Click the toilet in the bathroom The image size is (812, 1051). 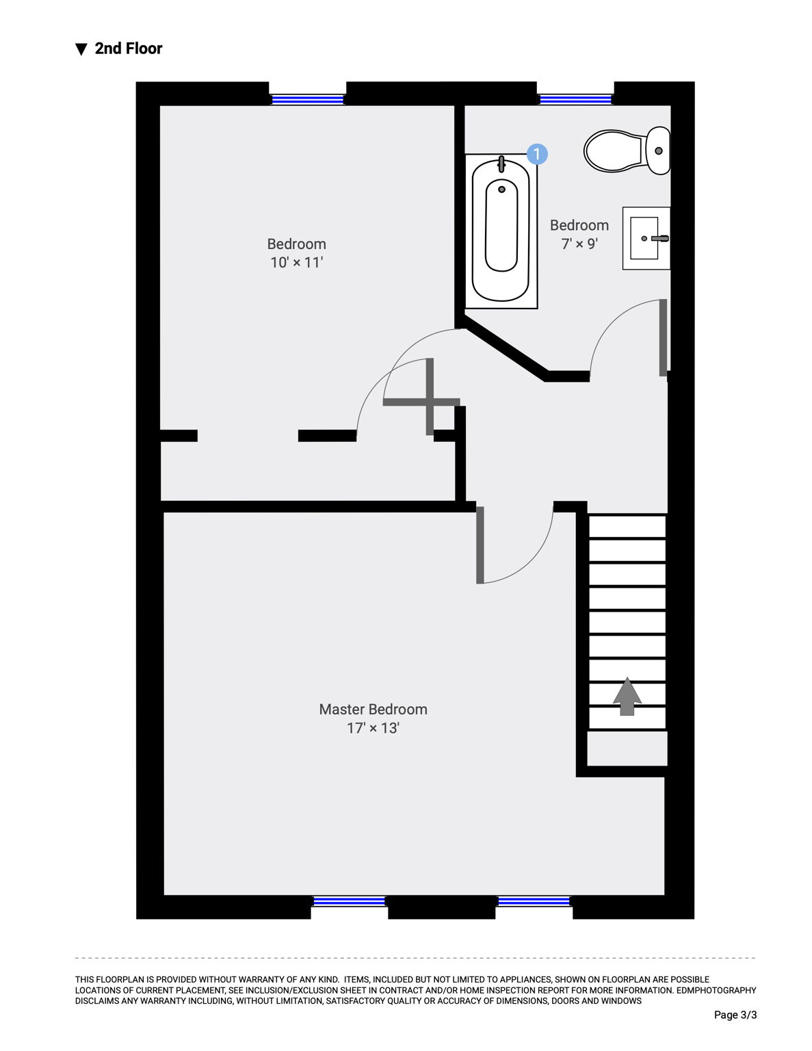coord(627,151)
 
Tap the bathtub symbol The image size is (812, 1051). coord(501,231)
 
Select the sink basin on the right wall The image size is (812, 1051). coord(646,238)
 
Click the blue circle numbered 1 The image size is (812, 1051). coord(537,154)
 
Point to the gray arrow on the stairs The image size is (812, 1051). coord(627,696)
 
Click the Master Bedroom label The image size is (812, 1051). coord(373,710)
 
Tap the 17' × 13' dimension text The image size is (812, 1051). coord(373,728)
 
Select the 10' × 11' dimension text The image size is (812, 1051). coord(296,262)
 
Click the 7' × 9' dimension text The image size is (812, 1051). coord(579,244)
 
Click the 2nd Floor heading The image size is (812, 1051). coord(129,49)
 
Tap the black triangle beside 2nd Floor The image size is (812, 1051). coord(81,49)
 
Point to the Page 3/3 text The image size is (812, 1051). coord(735,1015)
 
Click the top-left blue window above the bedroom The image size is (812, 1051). coord(307,100)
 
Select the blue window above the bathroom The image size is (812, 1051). coord(575,100)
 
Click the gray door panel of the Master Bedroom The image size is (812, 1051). coord(480,545)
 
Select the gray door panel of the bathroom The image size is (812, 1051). coord(664,337)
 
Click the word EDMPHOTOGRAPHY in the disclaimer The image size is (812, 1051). coord(716,991)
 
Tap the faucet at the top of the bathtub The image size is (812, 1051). coord(501,164)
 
